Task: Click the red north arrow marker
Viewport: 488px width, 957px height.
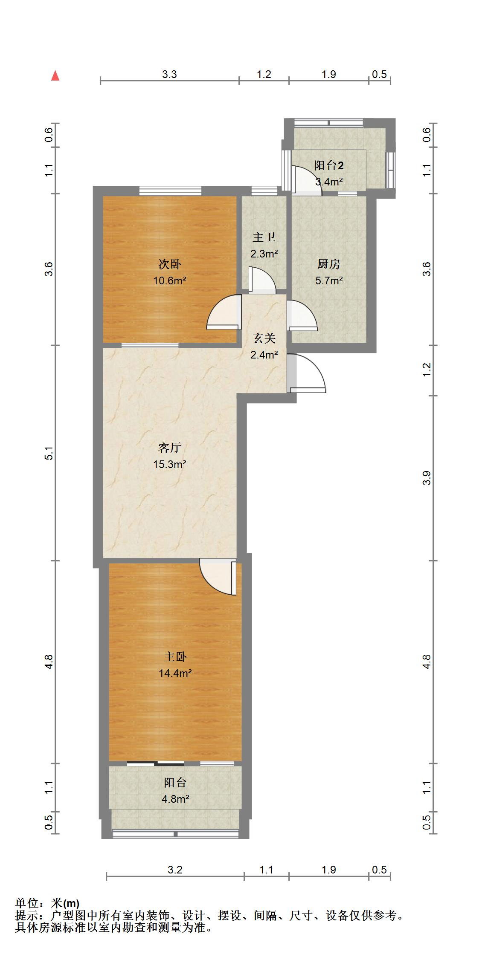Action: (x=55, y=76)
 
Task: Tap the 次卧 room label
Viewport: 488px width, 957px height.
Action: (x=170, y=265)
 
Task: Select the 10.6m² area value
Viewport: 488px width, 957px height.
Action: (x=170, y=280)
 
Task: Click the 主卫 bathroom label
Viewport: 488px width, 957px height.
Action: (x=264, y=237)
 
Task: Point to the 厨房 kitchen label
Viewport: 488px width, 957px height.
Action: (x=328, y=265)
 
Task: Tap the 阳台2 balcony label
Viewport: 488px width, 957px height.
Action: (x=329, y=165)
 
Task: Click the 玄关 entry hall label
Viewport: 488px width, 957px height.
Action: (x=264, y=338)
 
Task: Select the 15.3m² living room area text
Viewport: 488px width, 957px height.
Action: (x=170, y=464)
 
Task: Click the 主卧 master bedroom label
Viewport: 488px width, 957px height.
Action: (x=175, y=657)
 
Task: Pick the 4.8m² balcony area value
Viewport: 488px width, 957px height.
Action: (x=175, y=799)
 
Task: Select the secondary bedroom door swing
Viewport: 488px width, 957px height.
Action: (x=223, y=313)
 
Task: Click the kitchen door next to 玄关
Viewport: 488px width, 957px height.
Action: (x=302, y=315)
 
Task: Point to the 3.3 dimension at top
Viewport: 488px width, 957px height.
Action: (x=169, y=75)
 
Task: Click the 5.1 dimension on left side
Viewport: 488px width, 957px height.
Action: (x=49, y=453)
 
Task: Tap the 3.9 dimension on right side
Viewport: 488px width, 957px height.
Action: (x=427, y=478)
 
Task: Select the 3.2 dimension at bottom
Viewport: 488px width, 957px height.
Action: (x=175, y=870)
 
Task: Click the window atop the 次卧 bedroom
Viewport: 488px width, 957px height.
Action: (x=170, y=191)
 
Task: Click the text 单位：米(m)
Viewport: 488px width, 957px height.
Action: (x=47, y=903)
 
